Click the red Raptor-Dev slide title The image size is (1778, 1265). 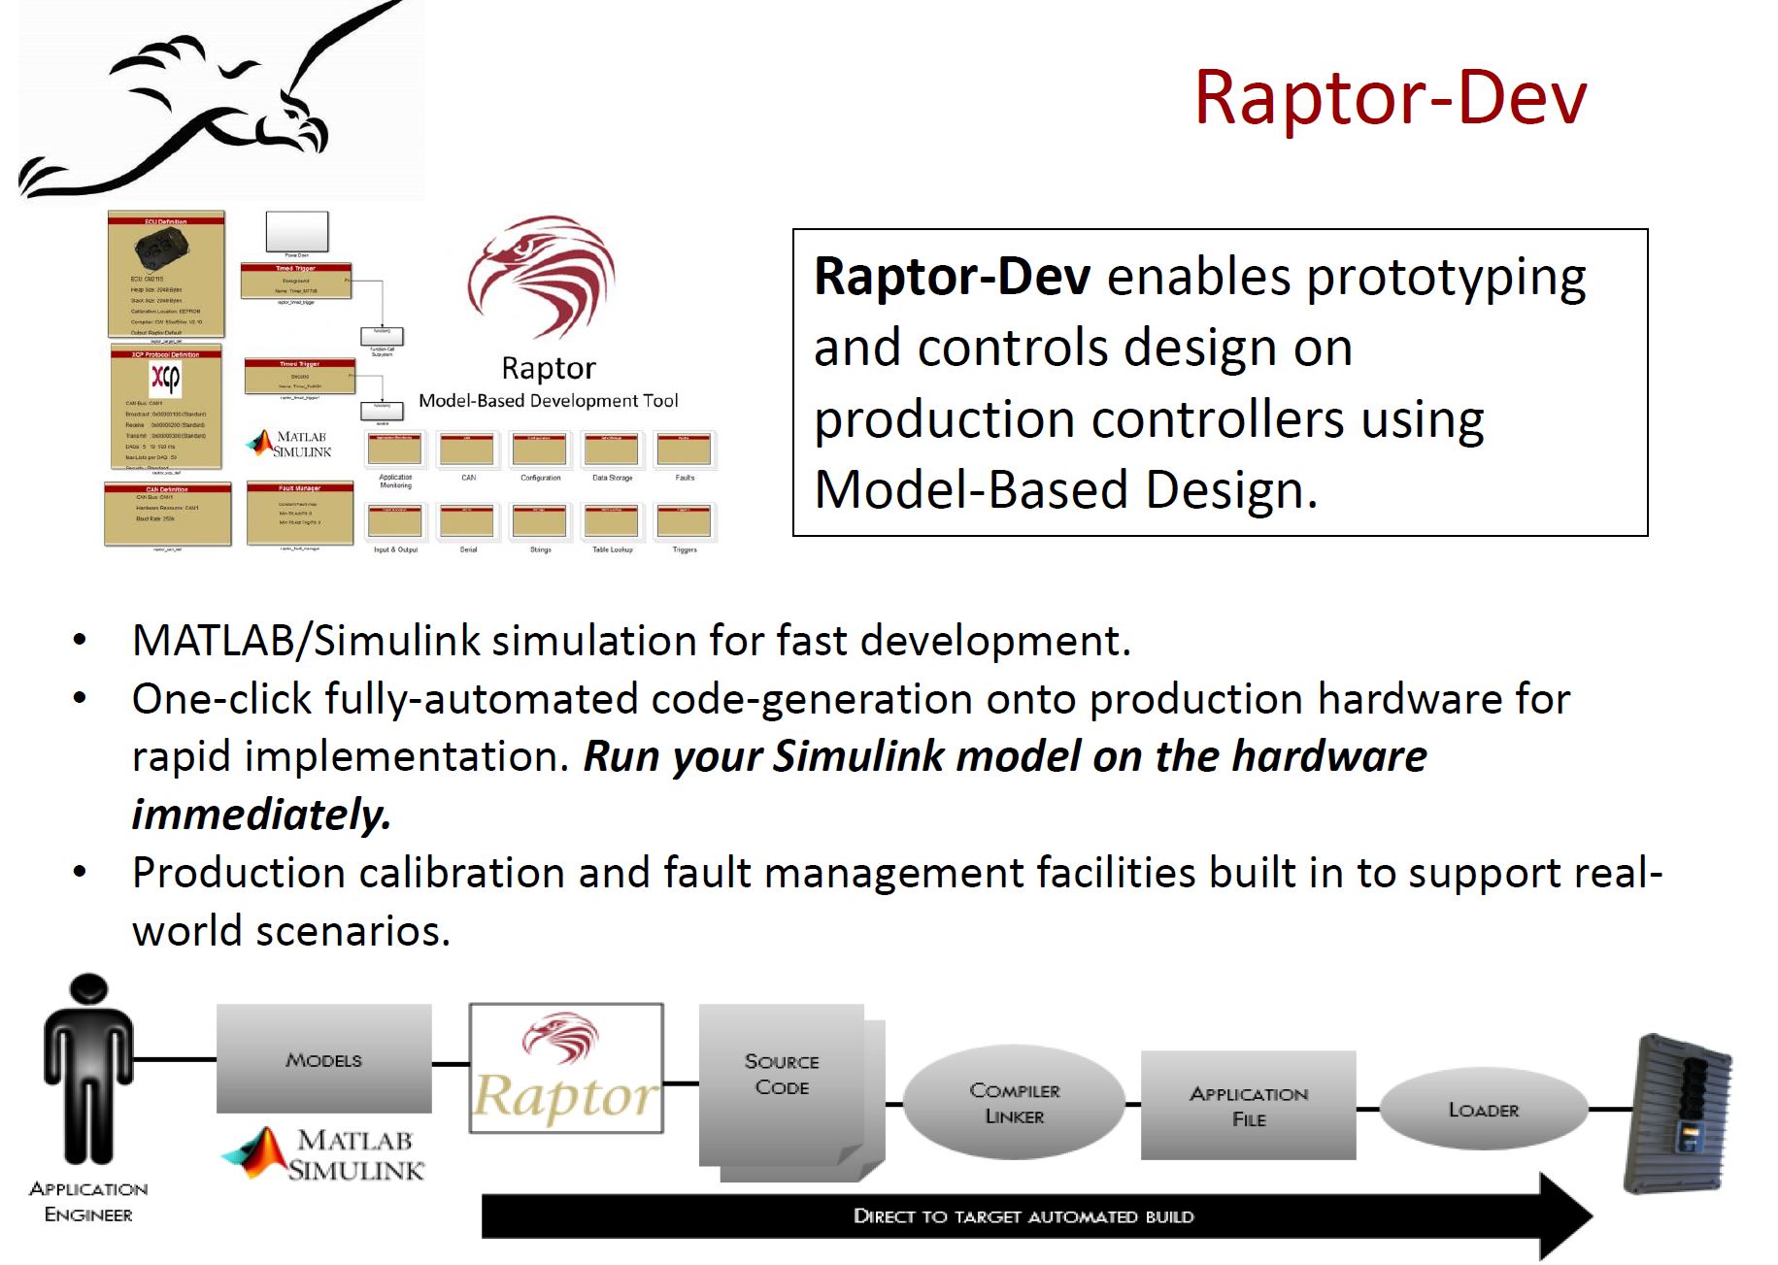pos(1390,98)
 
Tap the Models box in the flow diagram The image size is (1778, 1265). pos(323,1058)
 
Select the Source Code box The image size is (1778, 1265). pos(782,1076)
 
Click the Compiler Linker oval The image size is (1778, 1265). pos(1014,1103)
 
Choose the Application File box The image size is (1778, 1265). pos(1248,1106)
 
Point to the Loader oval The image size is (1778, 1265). pos(1483,1109)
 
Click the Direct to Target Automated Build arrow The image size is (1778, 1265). pos(1023,1215)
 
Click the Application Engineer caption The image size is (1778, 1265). pos(88,1201)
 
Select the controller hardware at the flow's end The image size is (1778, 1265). pos(1679,1115)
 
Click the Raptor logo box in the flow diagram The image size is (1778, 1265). pos(566,1068)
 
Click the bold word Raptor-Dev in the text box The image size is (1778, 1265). pos(952,277)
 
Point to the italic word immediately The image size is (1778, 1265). pos(261,814)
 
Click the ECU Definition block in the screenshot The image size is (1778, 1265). pos(166,274)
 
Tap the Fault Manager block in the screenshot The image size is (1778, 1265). pos(299,514)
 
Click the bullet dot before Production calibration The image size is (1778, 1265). pos(81,871)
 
